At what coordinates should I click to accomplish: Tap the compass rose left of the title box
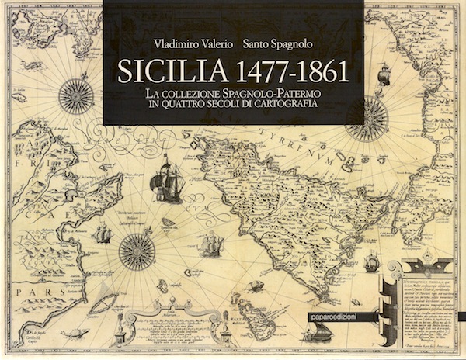(75, 97)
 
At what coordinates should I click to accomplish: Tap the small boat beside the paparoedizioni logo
(372, 264)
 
